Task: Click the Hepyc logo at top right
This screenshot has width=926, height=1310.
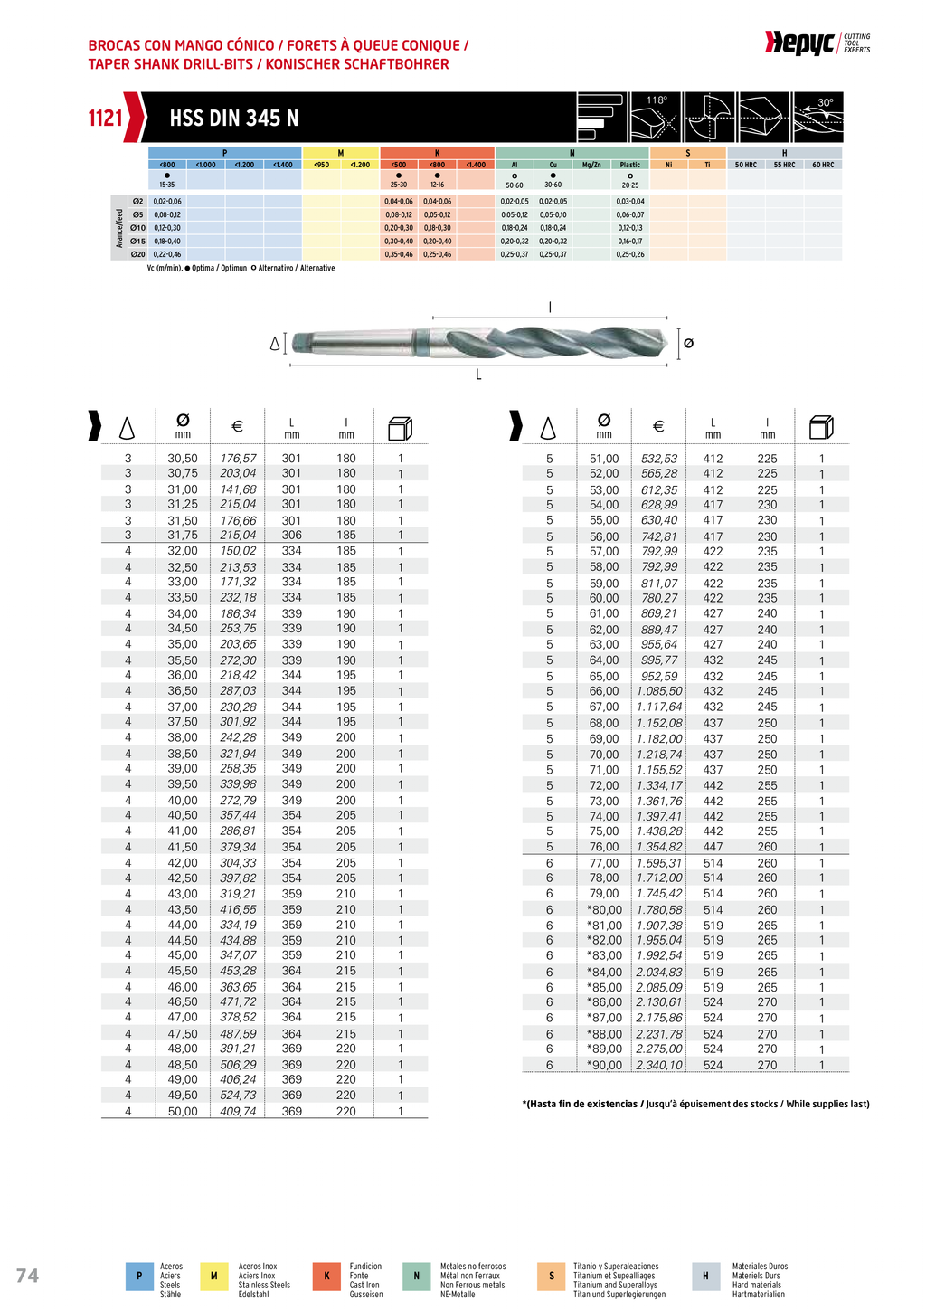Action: [x=799, y=43]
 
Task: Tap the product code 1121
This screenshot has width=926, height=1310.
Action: [x=105, y=118]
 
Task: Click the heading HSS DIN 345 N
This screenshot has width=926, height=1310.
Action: [x=233, y=119]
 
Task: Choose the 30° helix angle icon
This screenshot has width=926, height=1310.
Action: [x=817, y=117]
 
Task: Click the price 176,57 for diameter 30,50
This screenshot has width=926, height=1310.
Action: [x=238, y=459]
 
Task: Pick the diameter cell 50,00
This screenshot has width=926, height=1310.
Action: [x=183, y=1111]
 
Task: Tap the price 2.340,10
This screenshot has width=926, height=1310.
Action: [x=659, y=1065]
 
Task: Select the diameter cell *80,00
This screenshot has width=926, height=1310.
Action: [x=604, y=910]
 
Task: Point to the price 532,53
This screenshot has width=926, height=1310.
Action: [x=659, y=459]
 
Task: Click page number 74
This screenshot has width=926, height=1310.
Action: [x=27, y=1276]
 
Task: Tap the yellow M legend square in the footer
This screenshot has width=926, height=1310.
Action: [x=214, y=1276]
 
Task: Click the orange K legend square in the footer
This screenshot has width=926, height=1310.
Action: [x=326, y=1276]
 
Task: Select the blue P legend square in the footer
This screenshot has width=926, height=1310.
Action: [x=139, y=1276]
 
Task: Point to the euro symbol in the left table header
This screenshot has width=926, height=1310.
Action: [x=238, y=426]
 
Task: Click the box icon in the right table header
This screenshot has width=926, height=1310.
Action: [x=821, y=427]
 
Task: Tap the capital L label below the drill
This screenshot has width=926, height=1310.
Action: [x=478, y=375]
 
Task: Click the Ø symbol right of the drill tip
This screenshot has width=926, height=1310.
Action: [x=688, y=343]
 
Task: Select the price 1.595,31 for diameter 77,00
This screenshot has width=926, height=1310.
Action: [x=659, y=863]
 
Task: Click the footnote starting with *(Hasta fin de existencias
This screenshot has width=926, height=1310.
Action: [x=695, y=1104]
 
